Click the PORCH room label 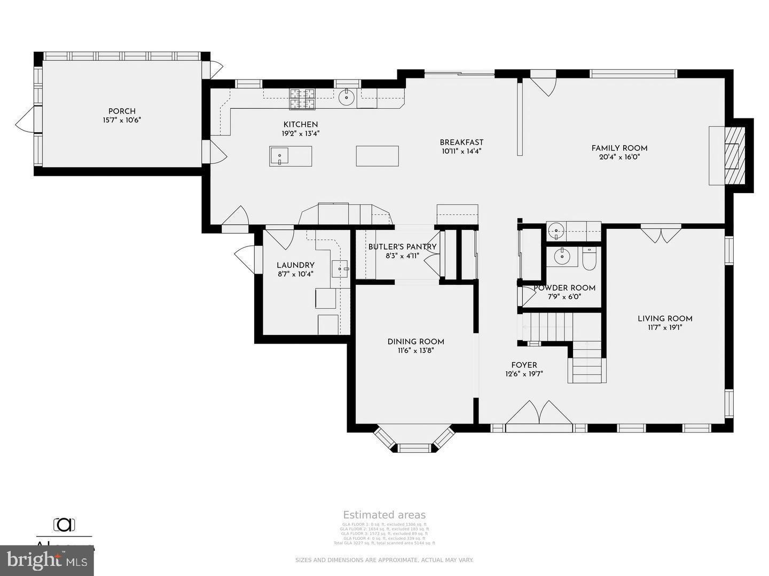pyautogui.click(x=122, y=111)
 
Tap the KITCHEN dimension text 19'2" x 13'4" pyautogui.click(x=301, y=134)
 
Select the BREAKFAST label pyautogui.click(x=461, y=142)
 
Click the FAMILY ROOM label pyautogui.click(x=619, y=148)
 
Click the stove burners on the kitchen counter pyautogui.click(x=302, y=99)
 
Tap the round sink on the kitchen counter pyautogui.click(x=347, y=97)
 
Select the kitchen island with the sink pyautogui.click(x=291, y=156)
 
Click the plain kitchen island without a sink pyautogui.click(x=377, y=156)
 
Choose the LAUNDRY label pyautogui.click(x=295, y=265)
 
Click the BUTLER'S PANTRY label pyautogui.click(x=402, y=247)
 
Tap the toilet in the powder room pyautogui.click(x=589, y=259)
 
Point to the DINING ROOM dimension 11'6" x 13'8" pyautogui.click(x=415, y=350)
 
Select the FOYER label pyautogui.click(x=524, y=365)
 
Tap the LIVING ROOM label pyautogui.click(x=665, y=319)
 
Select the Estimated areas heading pyautogui.click(x=384, y=515)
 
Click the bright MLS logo pyautogui.click(x=47, y=561)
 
